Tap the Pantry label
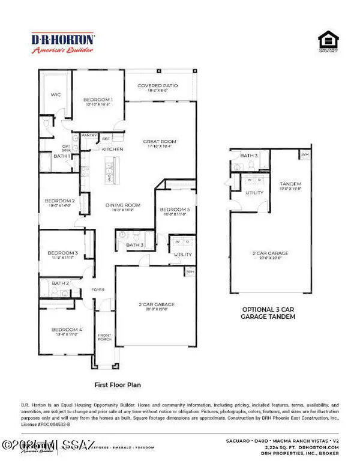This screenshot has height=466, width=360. click(89, 136)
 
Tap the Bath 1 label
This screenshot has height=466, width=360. click(61, 156)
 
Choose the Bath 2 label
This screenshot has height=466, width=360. click(60, 282)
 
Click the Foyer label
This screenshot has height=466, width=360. click(98, 290)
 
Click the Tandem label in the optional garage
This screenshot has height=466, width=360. click(290, 183)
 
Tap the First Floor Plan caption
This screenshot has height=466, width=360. click(117, 383)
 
